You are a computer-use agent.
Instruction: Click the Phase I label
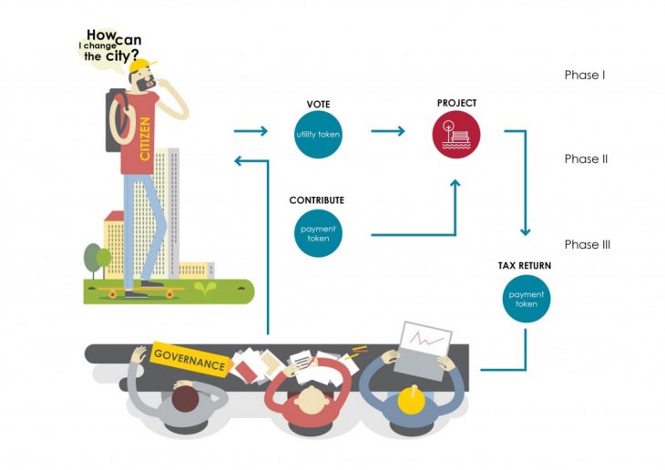584,75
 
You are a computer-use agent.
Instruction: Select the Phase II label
586,159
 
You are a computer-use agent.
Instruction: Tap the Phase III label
588,245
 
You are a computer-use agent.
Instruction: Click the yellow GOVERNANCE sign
189,358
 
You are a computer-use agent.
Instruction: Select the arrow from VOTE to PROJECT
388,131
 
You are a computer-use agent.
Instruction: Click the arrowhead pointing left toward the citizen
239,161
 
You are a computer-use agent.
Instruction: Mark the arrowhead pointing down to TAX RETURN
525,233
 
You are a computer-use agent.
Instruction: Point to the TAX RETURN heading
524,265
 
